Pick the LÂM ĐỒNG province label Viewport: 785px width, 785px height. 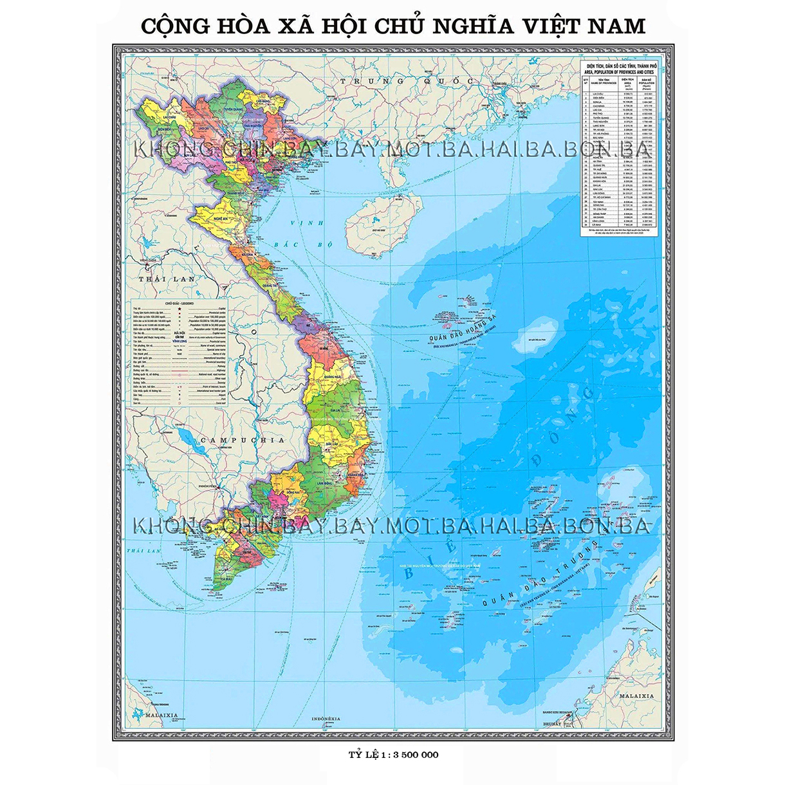point(324,482)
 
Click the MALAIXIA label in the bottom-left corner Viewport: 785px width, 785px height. point(161,715)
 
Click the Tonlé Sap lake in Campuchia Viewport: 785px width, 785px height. point(189,441)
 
